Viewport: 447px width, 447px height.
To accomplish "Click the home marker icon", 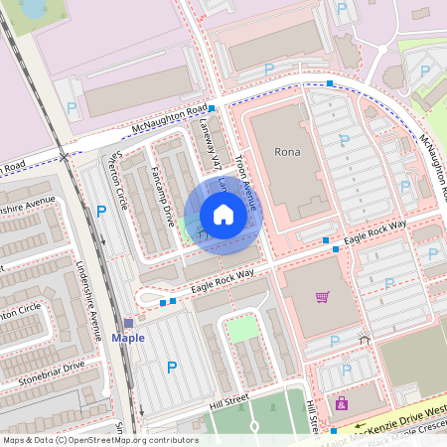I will tap(223, 215).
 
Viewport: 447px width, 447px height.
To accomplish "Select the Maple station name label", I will tap(128, 338).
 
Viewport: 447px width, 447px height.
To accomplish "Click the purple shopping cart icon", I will tap(322, 296).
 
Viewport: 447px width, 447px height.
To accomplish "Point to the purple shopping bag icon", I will tap(342, 404).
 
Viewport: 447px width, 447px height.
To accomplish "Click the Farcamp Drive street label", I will tap(161, 192).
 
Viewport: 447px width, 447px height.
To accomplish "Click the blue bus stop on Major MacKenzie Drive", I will tap(334, 431).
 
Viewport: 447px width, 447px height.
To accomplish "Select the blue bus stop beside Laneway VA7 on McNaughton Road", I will tap(212, 107).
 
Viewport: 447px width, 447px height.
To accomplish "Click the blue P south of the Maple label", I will tap(172, 368).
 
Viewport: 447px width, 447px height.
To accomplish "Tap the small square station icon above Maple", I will tap(128, 323).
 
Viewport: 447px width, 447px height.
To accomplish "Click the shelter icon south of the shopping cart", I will tap(364, 341).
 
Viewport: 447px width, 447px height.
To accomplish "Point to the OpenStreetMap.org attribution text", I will tap(99, 439).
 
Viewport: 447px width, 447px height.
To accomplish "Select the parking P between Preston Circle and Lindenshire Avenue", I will tap(101, 211).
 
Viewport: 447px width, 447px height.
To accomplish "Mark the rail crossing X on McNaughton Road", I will tap(65, 157).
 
